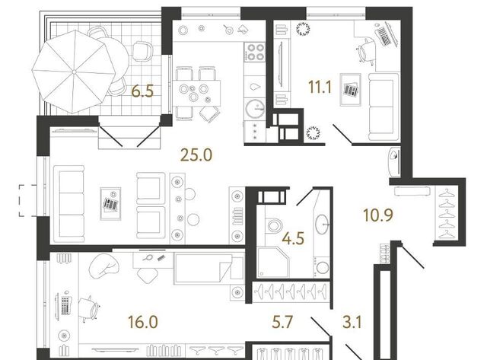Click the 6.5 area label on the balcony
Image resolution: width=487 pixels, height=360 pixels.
[142, 91]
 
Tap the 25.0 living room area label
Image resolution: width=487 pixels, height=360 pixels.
[196, 155]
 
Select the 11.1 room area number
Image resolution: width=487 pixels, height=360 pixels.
[320, 87]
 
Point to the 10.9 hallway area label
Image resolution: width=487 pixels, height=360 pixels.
[378, 215]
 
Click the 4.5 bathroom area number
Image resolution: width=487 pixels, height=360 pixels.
[293, 238]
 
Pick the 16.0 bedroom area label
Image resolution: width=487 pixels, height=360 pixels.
[143, 321]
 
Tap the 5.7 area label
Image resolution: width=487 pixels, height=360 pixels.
[282, 321]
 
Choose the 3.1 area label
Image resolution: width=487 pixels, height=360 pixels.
[352, 321]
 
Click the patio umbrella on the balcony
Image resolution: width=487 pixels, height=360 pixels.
[74, 72]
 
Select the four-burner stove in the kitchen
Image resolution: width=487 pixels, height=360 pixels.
[255, 52]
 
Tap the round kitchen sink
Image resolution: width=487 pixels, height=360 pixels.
[255, 108]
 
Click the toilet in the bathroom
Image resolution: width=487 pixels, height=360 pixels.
[274, 225]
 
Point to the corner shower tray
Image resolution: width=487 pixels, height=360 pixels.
[273, 262]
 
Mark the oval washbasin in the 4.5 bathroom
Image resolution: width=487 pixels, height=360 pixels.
[322, 224]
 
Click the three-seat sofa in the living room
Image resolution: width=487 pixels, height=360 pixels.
[69, 204]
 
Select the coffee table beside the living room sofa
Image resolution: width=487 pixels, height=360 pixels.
[110, 204]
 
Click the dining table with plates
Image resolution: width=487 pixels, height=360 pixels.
[196, 93]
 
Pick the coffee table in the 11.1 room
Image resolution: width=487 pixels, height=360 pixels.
[350, 90]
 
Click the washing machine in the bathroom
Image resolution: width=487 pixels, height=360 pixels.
[322, 267]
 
